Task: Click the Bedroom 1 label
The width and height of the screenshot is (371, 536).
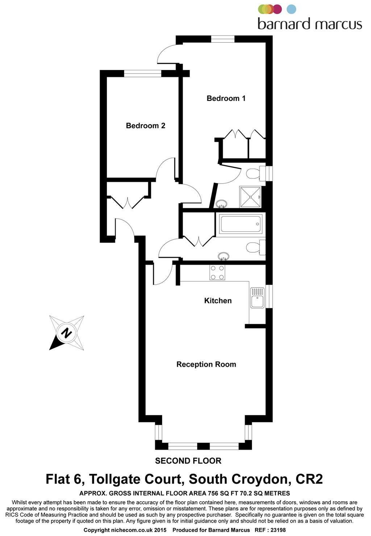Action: point(226,98)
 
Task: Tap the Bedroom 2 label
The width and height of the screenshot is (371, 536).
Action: point(145,126)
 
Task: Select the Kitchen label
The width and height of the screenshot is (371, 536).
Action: point(218,301)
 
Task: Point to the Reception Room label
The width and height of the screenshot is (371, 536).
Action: point(206,364)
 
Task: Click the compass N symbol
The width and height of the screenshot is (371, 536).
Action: point(66,332)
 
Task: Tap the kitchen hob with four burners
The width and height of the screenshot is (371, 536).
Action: point(217,272)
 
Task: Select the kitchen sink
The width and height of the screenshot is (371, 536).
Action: point(257,297)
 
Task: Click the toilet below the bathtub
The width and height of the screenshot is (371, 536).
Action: point(255,248)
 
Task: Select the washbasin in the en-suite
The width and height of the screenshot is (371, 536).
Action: point(221,204)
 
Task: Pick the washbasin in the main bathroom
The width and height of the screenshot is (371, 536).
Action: point(224,256)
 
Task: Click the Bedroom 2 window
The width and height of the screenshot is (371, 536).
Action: point(142,74)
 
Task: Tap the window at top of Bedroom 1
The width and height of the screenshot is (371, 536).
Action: point(223,39)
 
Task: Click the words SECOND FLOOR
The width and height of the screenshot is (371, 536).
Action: point(188,461)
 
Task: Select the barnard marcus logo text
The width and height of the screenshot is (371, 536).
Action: point(310,24)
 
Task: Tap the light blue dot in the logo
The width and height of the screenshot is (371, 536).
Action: point(291,9)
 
